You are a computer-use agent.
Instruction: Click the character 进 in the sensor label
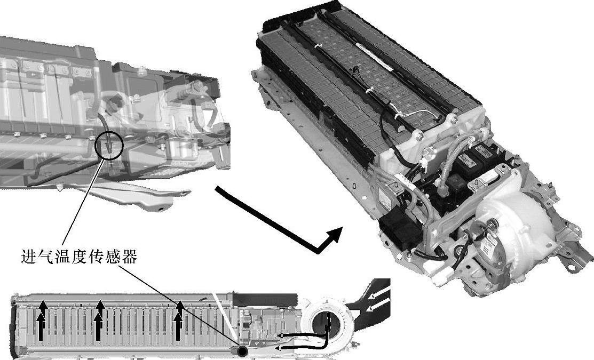click(28, 257)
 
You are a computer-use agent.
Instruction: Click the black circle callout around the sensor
click(95, 145)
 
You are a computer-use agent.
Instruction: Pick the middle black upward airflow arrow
click(99, 320)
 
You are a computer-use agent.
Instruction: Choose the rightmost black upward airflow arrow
click(179, 320)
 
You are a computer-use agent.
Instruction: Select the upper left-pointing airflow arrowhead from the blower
click(281, 335)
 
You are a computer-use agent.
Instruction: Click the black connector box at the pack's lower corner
click(400, 230)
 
